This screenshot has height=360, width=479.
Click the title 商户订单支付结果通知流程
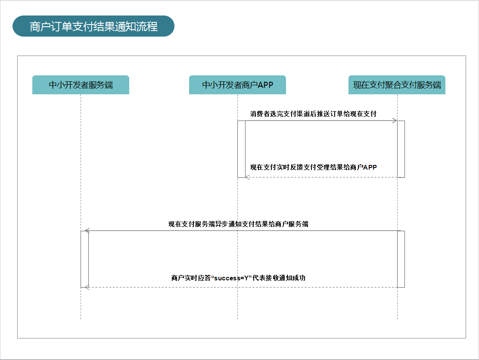(93, 27)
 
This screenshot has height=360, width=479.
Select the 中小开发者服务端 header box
(81, 85)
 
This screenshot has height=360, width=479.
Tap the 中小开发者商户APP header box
(237, 85)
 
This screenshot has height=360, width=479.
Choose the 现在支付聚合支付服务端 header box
(397, 85)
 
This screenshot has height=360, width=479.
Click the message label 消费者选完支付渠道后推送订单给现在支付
(313, 114)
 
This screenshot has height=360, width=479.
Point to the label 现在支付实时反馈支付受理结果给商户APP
(313, 168)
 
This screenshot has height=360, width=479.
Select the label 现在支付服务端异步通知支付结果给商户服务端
(238, 224)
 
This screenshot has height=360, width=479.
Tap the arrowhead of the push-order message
(395, 121)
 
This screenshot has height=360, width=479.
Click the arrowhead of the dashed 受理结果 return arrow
(248, 177)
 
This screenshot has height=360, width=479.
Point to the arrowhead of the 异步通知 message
(87, 230)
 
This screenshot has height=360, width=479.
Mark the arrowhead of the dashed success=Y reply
(87, 287)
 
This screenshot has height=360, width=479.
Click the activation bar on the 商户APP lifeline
(241, 149)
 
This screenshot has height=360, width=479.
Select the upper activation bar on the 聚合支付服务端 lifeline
(401, 149)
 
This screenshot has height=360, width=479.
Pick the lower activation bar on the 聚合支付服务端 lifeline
(401, 259)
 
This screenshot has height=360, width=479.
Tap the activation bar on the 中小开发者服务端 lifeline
(84, 259)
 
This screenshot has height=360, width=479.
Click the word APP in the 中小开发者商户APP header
(265, 85)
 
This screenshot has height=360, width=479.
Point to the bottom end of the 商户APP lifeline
(237, 319)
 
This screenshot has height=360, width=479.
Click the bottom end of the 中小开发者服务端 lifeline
(81, 319)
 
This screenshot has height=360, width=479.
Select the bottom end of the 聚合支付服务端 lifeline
(397, 319)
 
